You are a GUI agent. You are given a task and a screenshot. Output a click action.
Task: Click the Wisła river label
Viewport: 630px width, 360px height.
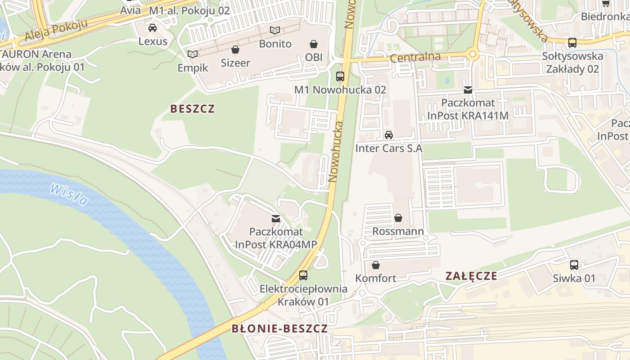point(69,194)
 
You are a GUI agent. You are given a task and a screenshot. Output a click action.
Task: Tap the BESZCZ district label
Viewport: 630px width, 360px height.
point(193,109)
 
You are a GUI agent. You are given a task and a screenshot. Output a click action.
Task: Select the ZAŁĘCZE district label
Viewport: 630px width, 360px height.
point(471,276)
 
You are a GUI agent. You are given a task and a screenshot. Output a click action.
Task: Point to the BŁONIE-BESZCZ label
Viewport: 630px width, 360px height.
point(279,328)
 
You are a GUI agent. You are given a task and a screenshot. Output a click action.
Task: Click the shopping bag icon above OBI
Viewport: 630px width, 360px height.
point(313,44)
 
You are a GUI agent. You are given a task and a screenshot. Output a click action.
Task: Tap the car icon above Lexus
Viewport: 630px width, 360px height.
point(153,28)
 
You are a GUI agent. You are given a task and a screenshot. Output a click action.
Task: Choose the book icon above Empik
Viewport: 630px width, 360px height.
point(193,54)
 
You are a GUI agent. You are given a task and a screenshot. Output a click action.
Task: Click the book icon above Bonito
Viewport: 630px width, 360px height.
point(275,31)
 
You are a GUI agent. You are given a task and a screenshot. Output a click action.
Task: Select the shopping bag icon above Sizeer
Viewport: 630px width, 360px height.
point(235,49)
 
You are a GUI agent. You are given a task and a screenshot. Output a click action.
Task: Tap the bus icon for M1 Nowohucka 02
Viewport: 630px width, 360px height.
point(340,76)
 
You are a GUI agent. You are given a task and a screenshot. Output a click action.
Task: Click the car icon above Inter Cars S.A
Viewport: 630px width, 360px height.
point(389,135)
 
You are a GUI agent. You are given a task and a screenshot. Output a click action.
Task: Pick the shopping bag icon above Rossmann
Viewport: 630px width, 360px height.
point(398,218)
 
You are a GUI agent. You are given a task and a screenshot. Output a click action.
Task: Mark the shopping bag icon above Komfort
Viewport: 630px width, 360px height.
point(376,265)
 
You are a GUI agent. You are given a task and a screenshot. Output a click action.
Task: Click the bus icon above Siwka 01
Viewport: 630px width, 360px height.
point(574,265)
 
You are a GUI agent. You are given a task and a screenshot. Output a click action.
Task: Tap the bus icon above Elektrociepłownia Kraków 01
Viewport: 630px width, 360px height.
point(303,275)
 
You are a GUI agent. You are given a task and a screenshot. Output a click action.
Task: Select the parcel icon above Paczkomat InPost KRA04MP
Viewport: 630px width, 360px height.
point(276,219)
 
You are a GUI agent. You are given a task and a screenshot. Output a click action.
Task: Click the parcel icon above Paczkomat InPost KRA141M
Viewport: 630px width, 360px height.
point(468,90)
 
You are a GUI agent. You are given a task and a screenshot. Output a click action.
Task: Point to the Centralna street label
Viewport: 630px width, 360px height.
point(415,58)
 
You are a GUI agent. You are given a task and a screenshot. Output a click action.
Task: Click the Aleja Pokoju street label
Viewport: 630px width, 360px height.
point(56,31)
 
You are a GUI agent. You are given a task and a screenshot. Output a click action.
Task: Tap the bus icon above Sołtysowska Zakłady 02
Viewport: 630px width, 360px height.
point(572,43)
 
